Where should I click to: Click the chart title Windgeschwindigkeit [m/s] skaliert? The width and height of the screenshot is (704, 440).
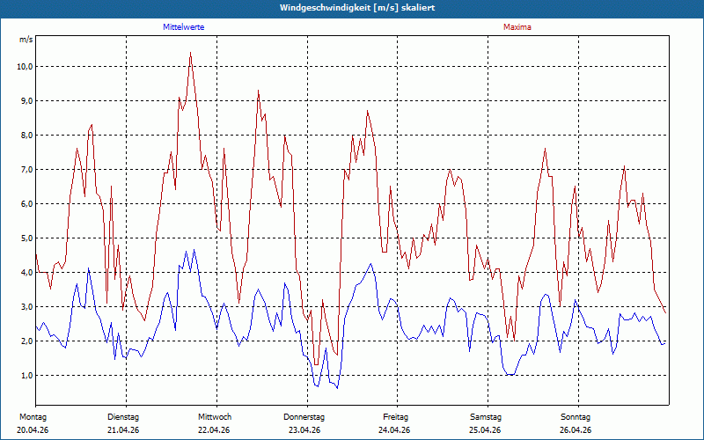pos(357,8)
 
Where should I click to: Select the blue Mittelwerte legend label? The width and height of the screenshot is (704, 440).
pos(184,27)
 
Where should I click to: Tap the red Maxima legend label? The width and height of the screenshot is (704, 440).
pos(517,27)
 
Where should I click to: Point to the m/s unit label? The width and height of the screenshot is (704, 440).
pos(26,40)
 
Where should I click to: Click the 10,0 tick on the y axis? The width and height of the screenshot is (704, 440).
pos(24,67)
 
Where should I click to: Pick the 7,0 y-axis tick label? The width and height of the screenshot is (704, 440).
pos(26,169)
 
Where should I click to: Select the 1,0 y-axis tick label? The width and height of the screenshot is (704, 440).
pos(26,376)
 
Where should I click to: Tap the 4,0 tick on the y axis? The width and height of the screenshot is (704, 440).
pos(26,272)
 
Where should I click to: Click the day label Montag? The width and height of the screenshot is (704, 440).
pos(33,417)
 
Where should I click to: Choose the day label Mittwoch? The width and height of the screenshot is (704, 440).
pos(215,417)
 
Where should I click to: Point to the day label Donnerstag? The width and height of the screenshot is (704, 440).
pos(304,417)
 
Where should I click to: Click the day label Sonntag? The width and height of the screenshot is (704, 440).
pos(576,417)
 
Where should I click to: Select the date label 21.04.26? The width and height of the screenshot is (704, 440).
pos(123,430)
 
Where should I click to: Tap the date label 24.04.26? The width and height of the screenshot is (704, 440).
pos(394,430)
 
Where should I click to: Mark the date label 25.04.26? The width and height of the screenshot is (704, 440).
pos(485,430)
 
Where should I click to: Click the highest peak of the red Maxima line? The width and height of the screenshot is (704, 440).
pos(190,53)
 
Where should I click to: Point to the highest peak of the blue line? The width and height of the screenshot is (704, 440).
pos(194,250)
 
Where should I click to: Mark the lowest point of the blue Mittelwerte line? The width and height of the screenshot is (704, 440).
pos(337,388)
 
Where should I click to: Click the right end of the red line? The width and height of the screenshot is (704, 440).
pos(665,313)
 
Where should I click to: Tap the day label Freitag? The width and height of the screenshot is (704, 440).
pos(395,417)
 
